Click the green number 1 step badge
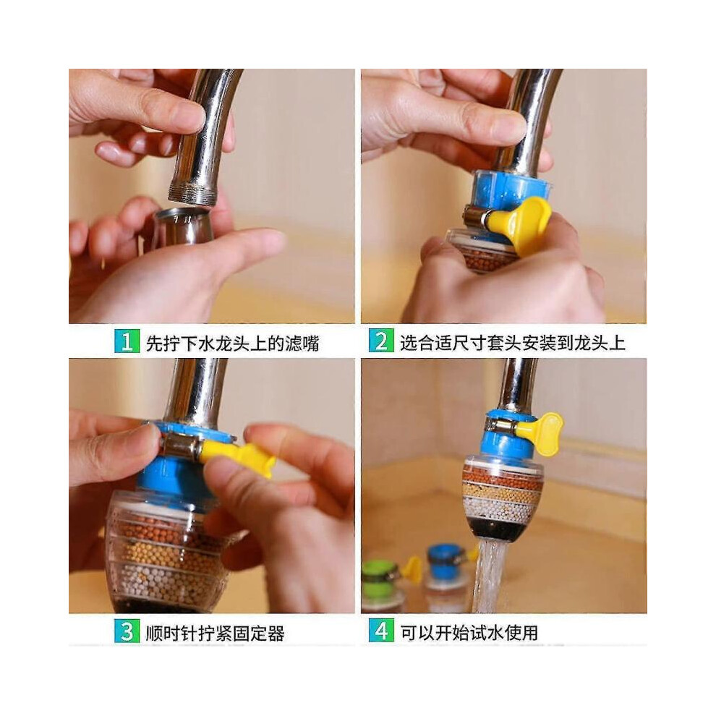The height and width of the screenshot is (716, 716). [x=127, y=341]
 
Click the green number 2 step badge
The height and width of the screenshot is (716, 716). [x=381, y=341]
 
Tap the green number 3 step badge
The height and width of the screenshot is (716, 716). [x=127, y=631]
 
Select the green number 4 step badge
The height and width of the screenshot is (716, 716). [x=381, y=631]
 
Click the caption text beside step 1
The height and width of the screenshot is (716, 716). [x=232, y=344]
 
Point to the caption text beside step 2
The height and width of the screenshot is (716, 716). [x=512, y=343]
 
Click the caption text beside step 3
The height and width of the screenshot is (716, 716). [x=215, y=634]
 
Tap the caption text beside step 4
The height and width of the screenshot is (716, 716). [x=469, y=633]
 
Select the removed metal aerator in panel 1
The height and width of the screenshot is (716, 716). [x=181, y=226]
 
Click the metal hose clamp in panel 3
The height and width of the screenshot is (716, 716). [x=178, y=446]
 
